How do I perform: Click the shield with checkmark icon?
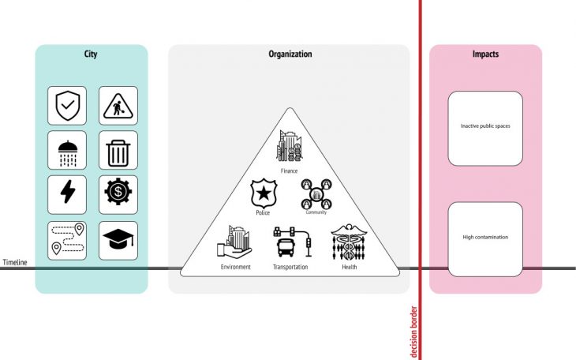pos(67,105)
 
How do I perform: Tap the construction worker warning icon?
pos(118,105)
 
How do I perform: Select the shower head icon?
pos(67,150)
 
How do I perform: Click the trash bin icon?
pos(118,150)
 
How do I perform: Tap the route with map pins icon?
pos(67,240)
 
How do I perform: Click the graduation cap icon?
pos(118,240)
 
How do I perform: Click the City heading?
pos(91,54)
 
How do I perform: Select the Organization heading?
pos(290,54)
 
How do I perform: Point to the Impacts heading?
pos(485,54)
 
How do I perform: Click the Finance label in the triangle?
pos(289,170)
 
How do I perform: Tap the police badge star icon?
pos(263,193)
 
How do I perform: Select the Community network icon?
pos(316,194)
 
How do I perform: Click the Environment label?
pos(236,267)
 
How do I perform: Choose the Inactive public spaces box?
pos(485,128)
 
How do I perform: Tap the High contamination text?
pos(485,237)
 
